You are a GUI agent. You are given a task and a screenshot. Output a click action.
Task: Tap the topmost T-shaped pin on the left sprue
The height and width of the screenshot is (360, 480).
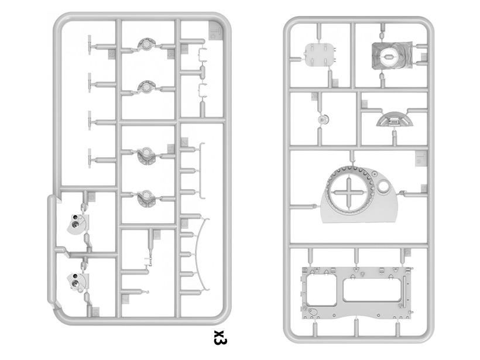click(91, 43)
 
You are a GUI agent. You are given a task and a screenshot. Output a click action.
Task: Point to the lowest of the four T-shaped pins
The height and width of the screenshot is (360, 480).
click(91, 157)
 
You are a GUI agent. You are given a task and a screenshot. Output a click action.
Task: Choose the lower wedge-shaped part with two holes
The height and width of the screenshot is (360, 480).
click(77, 283)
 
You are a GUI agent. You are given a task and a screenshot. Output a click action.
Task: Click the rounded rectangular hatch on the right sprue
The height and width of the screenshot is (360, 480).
click(320, 55)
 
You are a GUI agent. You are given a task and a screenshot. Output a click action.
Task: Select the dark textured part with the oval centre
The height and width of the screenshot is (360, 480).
click(389, 56)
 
